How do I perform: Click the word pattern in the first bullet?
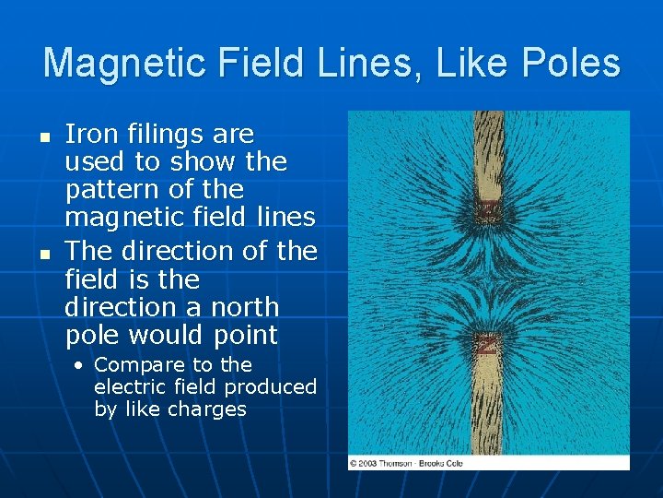109,191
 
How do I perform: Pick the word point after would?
245,335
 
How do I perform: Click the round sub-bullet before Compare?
80,365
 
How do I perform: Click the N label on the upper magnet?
487,213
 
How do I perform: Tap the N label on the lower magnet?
486,345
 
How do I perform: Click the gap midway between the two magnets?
487,277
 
